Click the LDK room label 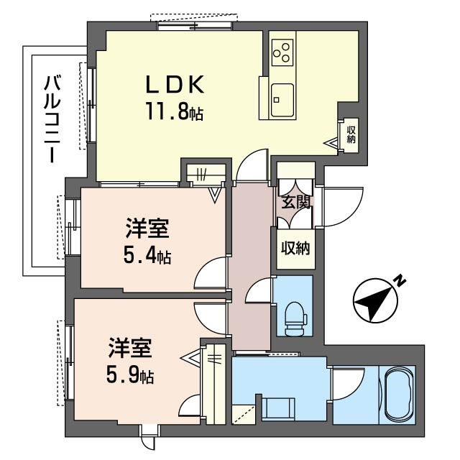click(x=175, y=84)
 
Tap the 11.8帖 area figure click(x=174, y=111)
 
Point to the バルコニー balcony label click(x=52, y=119)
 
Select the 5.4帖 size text click(x=147, y=256)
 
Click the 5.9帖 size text click(x=130, y=376)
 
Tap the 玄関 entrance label click(x=295, y=202)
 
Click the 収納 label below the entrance click(x=295, y=249)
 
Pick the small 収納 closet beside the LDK click(x=351, y=134)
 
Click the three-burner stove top click(x=282, y=52)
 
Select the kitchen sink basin click(x=282, y=100)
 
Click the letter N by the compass click(x=400, y=281)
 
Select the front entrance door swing click(x=343, y=207)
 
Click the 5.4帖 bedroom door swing click(x=211, y=273)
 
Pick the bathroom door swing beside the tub click(x=348, y=384)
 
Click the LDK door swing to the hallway click(x=252, y=166)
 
